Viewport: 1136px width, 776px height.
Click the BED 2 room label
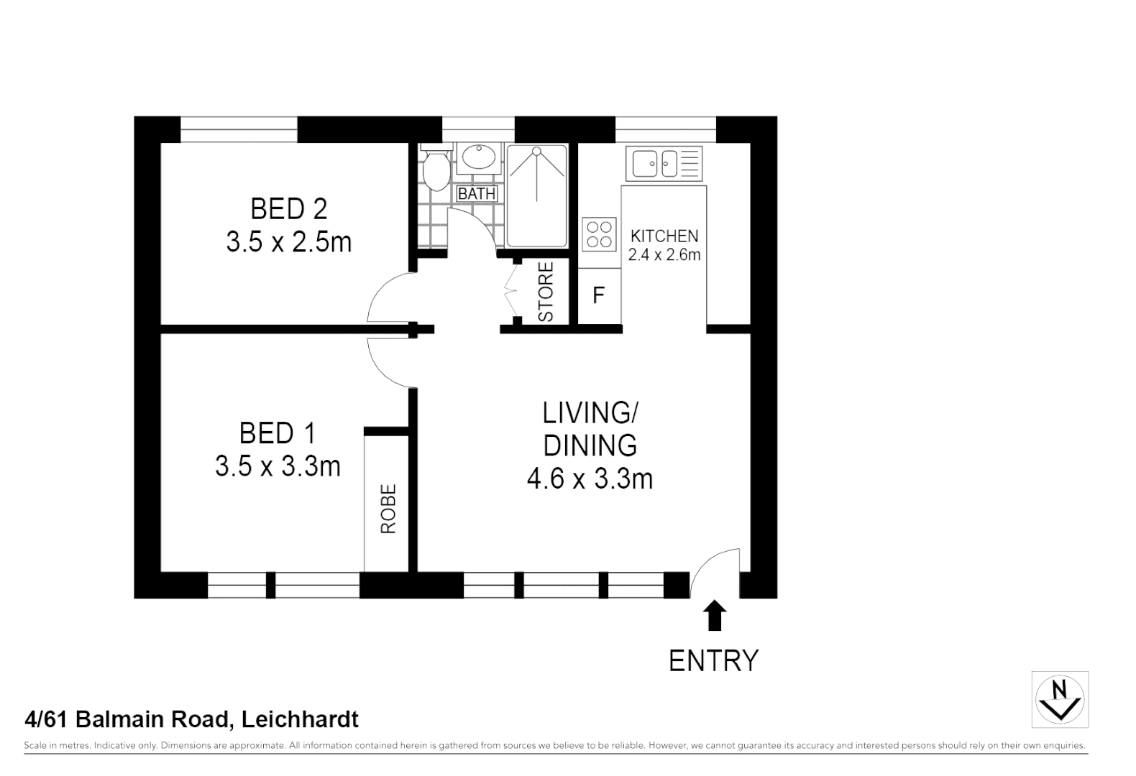click(288, 209)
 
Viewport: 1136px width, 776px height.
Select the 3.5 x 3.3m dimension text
click(278, 467)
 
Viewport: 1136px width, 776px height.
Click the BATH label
click(477, 194)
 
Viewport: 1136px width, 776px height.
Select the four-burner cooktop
click(600, 234)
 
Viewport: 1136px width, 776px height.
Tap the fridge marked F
click(598, 295)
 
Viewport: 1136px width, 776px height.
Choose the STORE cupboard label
click(546, 292)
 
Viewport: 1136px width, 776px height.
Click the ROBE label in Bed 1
click(388, 509)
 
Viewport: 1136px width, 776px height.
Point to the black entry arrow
click(714, 616)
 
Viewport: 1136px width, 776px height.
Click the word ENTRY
click(713, 660)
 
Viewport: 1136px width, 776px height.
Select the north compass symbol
click(1059, 699)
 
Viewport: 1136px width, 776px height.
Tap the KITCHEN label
click(664, 236)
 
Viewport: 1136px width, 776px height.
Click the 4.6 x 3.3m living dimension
click(590, 479)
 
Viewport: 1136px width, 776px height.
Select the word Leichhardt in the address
click(300, 719)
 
